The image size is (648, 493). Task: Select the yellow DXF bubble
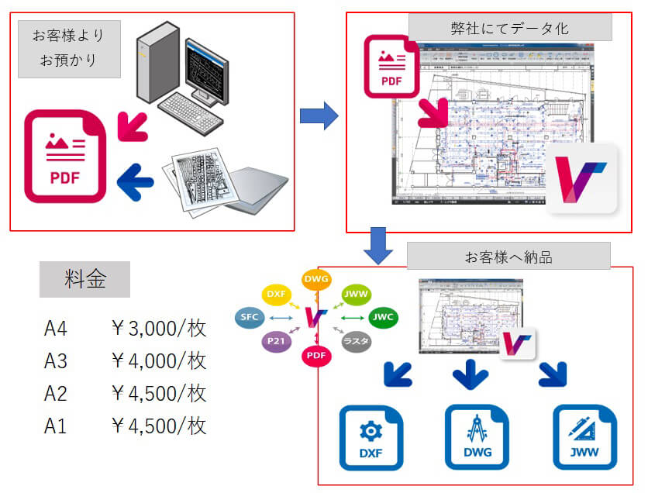(277, 295)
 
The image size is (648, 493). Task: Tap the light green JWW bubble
(357, 295)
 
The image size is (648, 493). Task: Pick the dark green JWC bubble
(381, 317)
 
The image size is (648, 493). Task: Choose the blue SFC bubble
(250, 317)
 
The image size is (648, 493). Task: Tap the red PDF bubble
(315, 355)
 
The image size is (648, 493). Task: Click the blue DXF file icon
(371, 437)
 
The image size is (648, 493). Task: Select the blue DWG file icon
(477, 437)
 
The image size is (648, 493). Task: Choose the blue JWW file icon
(584, 437)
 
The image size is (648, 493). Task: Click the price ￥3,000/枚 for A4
(159, 329)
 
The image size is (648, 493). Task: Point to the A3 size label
(56, 361)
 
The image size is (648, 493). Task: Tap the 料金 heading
(85, 280)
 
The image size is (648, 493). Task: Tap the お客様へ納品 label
(508, 257)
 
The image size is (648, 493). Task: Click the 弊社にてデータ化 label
(510, 28)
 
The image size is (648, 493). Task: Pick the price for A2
(159, 394)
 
